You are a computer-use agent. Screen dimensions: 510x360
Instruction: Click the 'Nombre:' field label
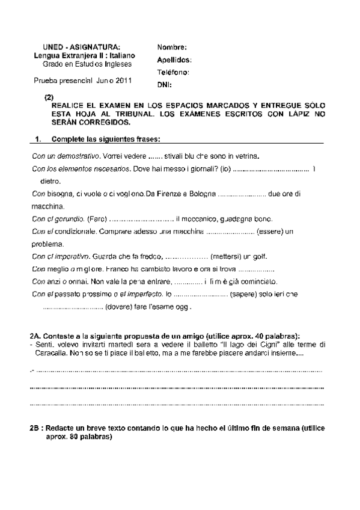(x=172, y=48)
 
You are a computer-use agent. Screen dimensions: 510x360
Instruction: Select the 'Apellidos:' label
(x=174, y=60)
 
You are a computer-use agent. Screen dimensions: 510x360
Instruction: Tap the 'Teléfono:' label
(x=173, y=72)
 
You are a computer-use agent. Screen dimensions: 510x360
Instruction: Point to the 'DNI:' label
(x=165, y=84)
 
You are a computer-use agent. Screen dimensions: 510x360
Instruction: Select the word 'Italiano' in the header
(x=112, y=55)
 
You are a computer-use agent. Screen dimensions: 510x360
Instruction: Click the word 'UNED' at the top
(x=55, y=47)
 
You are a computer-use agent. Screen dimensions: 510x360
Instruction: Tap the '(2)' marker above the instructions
(x=49, y=97)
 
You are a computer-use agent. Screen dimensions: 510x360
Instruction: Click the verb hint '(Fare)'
(x=97, y=219)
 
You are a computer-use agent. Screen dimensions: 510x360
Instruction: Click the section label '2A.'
(x=35, y=335)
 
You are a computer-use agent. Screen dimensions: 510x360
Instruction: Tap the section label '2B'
(x=35, y=428)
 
